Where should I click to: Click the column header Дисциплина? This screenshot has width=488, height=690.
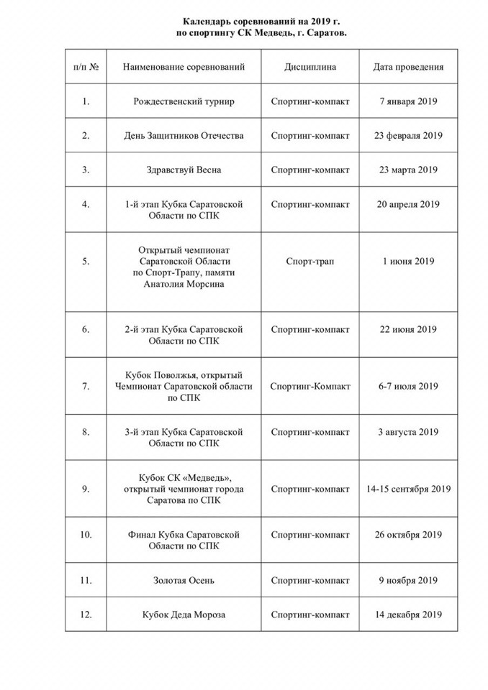[309, 67]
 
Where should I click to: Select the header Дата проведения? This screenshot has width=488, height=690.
[408, 67]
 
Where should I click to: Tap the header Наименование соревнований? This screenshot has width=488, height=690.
[184, 67]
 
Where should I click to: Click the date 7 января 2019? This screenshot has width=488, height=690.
[408, 101]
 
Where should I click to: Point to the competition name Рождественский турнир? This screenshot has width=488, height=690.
[184, 101]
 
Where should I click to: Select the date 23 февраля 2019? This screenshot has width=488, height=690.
[408, 136]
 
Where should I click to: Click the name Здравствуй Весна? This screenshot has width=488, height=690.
[184, 170]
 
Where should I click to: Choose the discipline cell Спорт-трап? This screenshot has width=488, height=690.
[309, 262]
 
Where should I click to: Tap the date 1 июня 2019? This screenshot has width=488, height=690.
[408, 262]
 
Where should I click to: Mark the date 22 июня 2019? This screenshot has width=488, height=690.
[408, 330]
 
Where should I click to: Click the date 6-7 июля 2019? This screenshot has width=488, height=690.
[408, 387]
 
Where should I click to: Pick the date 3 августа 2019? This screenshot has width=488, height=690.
[408, 432]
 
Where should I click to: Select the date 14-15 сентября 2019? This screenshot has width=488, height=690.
[408, 489]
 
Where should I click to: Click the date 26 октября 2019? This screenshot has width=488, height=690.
[408, 535]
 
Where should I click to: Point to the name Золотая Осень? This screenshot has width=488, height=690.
[184, 580]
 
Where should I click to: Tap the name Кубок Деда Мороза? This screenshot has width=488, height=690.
[184, 615]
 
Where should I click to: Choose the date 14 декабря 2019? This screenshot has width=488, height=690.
[408, 615]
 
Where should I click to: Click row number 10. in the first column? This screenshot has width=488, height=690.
[86, 535]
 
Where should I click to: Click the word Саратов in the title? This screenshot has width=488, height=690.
[315, 34]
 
